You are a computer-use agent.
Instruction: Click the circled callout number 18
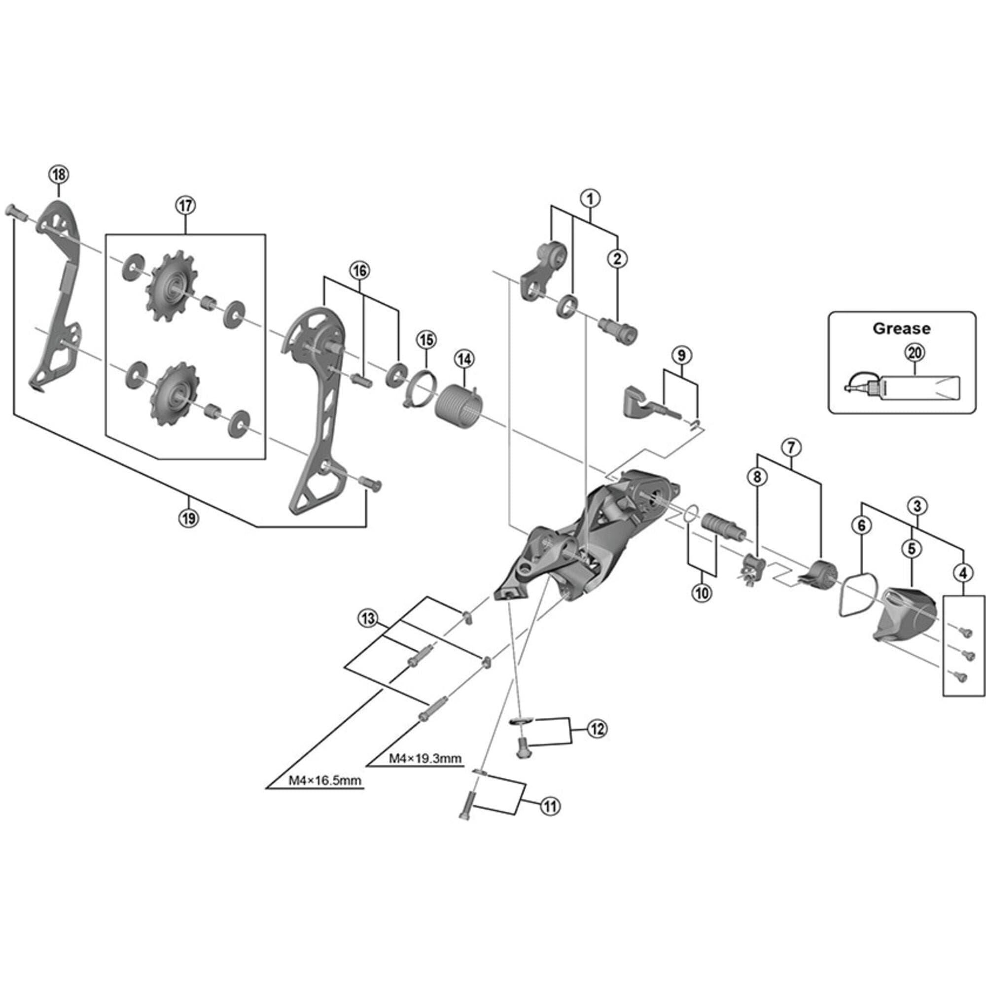[x=59, y=175]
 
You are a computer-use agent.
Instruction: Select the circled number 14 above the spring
[x=464, y=359]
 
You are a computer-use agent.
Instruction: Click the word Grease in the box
[x=901, y=328]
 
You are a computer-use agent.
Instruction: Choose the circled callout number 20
[x=915, y=352]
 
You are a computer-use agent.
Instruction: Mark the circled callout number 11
[x=550, y=807]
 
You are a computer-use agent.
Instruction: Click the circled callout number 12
[x=597, y=729]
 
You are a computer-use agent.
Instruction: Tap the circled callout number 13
[x=367, y=619]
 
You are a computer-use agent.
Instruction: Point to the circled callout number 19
[x=188, y=519]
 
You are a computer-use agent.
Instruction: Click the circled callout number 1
[x=591, y=198]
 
